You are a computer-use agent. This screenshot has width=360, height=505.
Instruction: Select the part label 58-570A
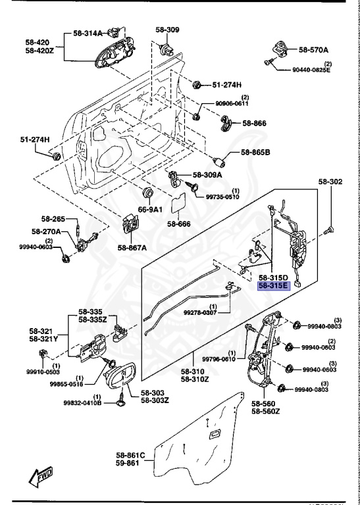click(x=313, y=49)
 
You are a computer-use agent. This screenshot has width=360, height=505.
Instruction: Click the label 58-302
click(x=331, y=181)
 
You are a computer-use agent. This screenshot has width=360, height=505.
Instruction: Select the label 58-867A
click(x=132, y=247)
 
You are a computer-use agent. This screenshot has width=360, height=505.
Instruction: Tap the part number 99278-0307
click(x=219, y=313)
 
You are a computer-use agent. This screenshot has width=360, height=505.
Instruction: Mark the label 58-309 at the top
click(x=167, y=30)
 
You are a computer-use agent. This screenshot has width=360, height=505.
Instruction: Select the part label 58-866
click(x=254, y=122)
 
